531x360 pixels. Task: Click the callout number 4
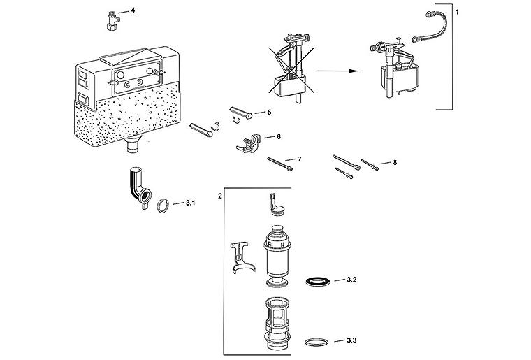(133, 10)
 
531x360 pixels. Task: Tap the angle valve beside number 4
(111, 21)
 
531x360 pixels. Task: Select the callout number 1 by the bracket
(458, 12)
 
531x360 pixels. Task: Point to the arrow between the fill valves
(337, 71)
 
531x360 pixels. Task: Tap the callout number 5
(269, 112)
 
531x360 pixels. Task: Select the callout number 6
(278, 136)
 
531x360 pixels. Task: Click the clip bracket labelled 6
(249, 143)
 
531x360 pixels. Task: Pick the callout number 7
(299, 159)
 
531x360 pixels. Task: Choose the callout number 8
(395, 163)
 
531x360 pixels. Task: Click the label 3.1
(190, 203)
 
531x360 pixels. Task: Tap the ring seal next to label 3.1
(163, 206)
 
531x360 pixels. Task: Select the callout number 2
(220, 196)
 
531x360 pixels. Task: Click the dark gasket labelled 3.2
(318, 281)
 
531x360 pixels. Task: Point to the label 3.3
(351, 340)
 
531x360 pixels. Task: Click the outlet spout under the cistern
(133, 143)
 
